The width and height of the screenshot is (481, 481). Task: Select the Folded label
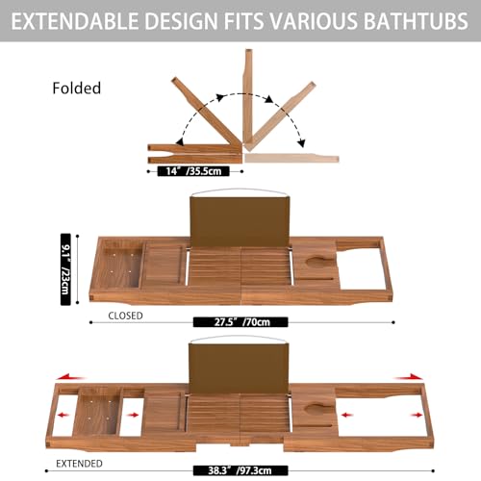tap(76, 88)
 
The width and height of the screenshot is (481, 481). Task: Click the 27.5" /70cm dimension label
tap(241, 322)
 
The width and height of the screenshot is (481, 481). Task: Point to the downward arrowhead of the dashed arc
tap(300, 142)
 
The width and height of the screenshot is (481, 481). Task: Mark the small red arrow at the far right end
tap(417, 416)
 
